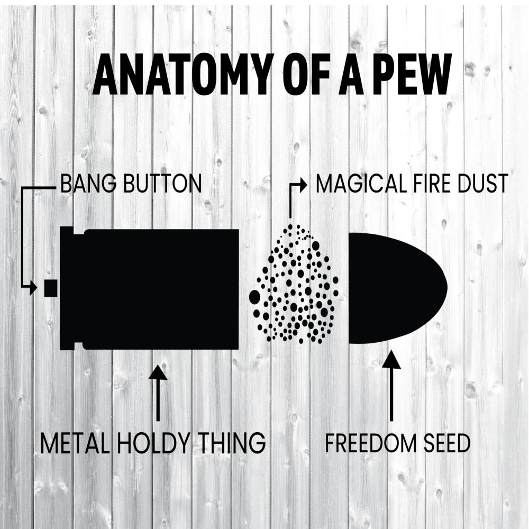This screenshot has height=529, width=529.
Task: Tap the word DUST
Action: [x=484, y=184]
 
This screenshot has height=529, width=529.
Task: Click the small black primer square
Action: [x=51, y=288]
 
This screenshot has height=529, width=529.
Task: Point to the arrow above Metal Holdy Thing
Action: [x=158, y=391]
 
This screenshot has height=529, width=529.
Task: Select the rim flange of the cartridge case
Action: [x=67, y=288]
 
